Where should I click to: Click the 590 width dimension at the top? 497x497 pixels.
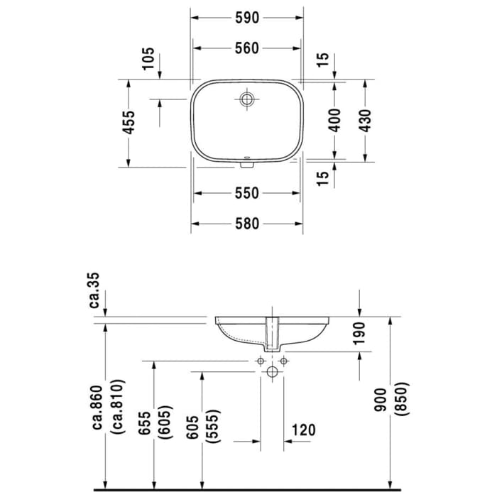tap(246, 17)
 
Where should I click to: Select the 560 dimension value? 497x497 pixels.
tap(246, 48)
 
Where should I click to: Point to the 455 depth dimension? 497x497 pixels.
tap(128, 123)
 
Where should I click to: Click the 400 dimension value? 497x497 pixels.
tap(335, 119)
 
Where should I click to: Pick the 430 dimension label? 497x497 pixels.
tap(365, 119)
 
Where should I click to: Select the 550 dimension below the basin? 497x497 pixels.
tap(246, 193)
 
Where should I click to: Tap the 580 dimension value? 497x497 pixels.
tap(246, 224)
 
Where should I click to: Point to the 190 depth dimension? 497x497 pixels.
tap(359, 334)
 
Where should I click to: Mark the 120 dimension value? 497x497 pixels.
tap(302, 430)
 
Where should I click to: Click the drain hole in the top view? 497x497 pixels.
tap(247, 99)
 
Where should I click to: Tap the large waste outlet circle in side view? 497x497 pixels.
tap(271, 371)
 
